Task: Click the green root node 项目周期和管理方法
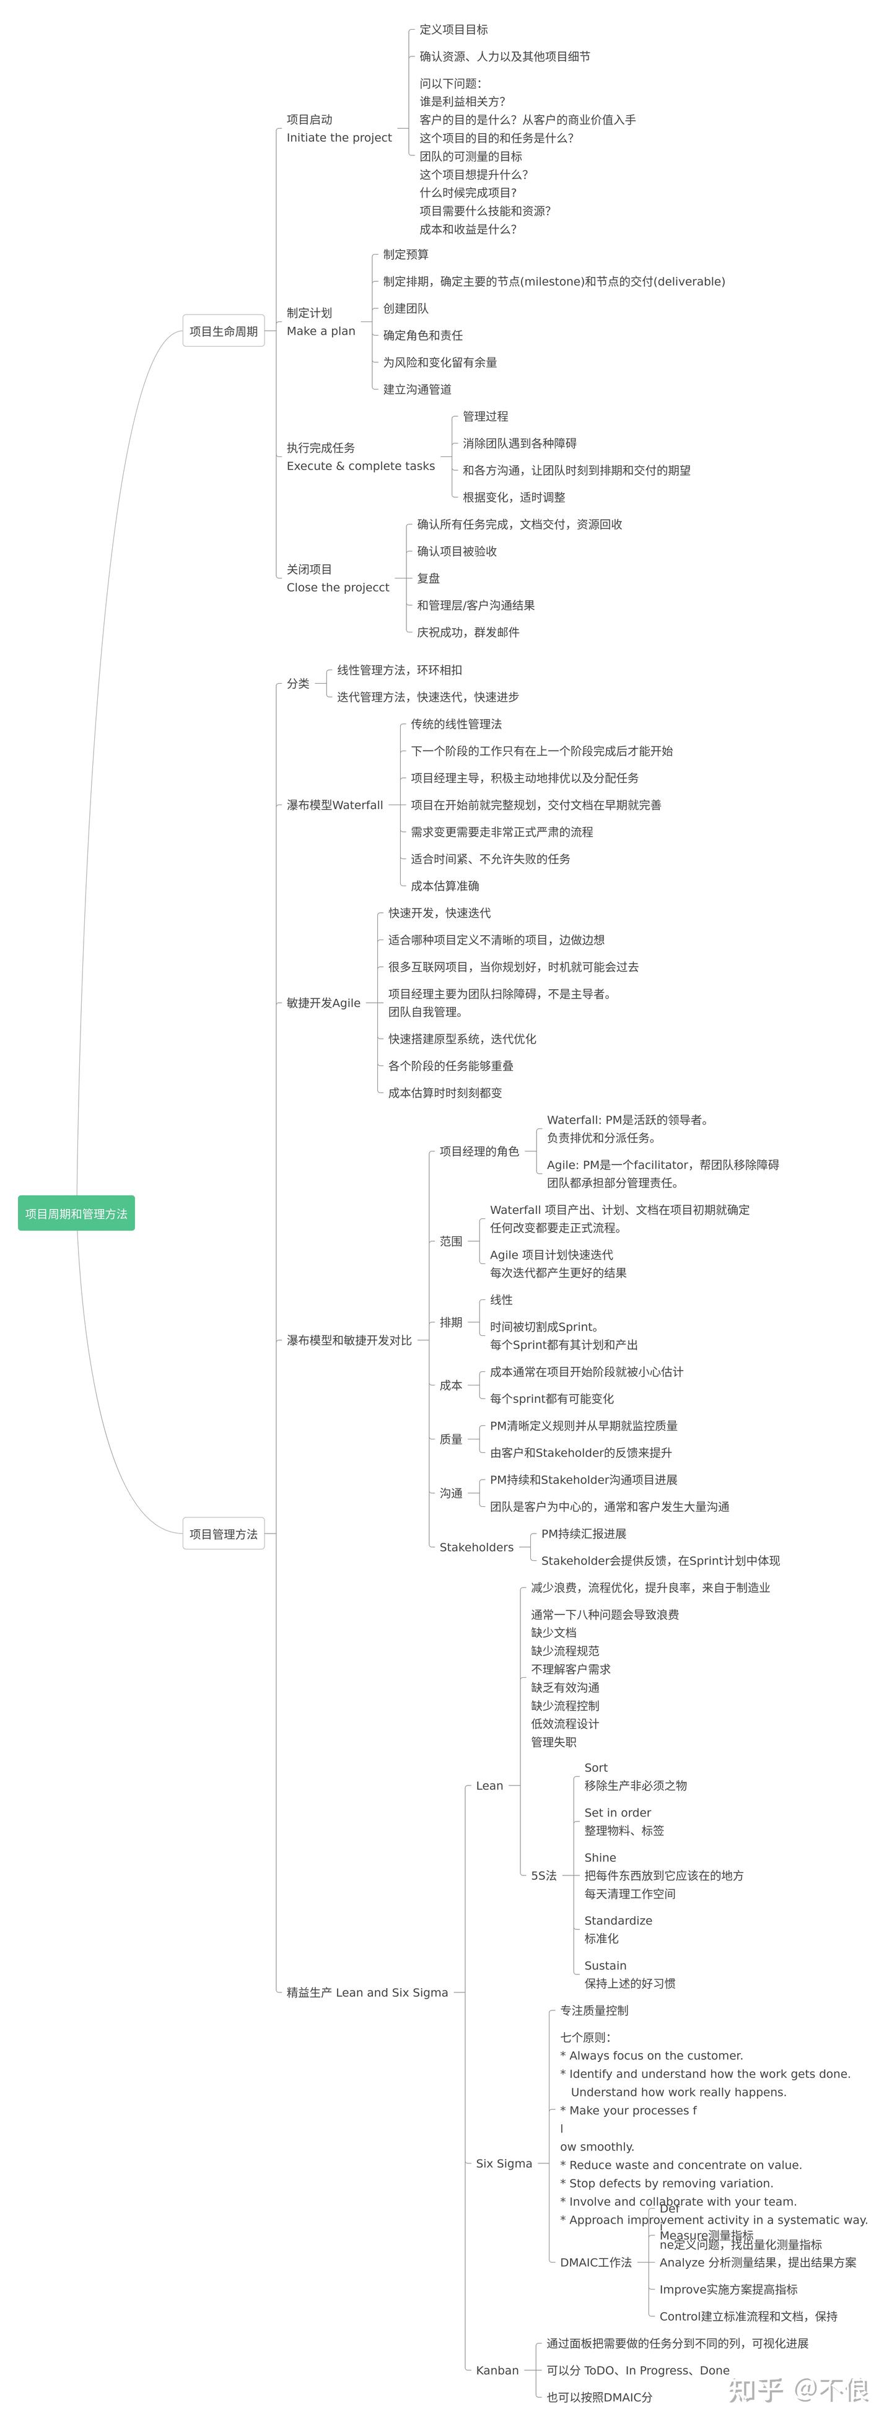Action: pyautogui.click(x=76, y=1213)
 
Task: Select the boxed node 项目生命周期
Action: pyautogui.click(x=223, y=331)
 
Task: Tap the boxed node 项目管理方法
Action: pyautogui.click(x=223, y=1533)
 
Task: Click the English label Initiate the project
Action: pyautogui.click(x=339, y=137)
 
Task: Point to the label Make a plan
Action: pyautogui.click(x=321, y=331)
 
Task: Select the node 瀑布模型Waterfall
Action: pyautogui.click(x=334, y=805)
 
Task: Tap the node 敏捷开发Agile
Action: pyautogui.click(x=323, y=1002)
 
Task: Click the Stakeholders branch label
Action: pyautogui.click(x=476, y=1547)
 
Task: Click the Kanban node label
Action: pyautogui.click(x=497, y=2370)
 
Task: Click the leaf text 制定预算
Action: pyautogui.click(x=406, y=255)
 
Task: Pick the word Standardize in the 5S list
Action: pyautogui.click(x=618, y=1920)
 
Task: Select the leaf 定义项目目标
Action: pyautogui.click(x=454, y=29)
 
